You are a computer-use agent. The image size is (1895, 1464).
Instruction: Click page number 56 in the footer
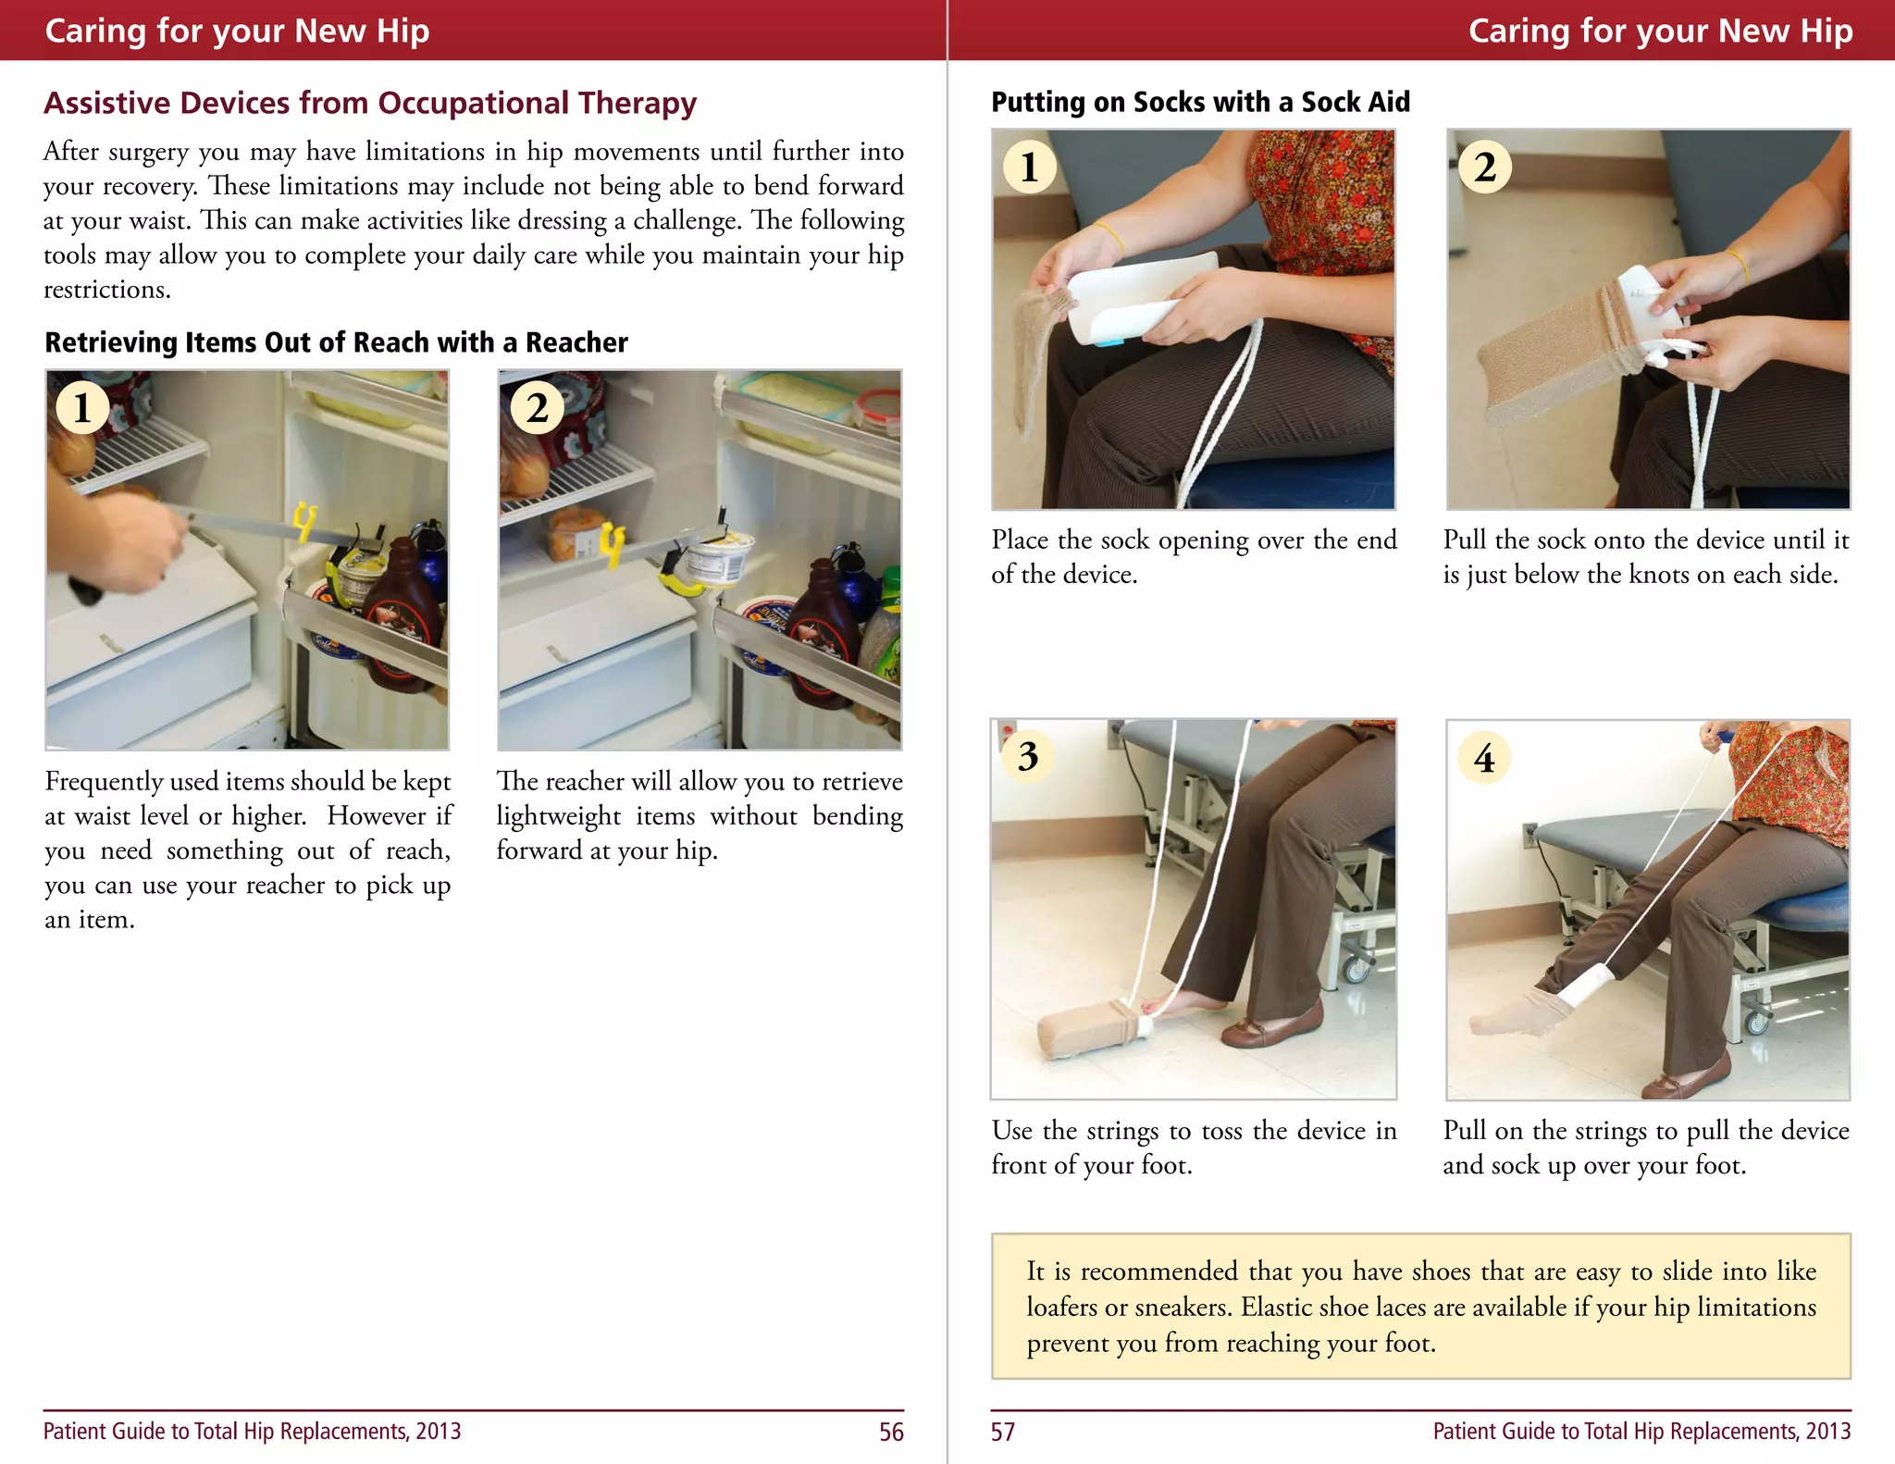[890, 1432]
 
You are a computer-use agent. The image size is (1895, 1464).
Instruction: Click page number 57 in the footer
[1002, 1432]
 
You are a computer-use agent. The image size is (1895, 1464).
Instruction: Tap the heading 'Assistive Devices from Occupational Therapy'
[370, 103]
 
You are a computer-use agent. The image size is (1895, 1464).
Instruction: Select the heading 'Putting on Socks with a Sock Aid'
[1200, 102]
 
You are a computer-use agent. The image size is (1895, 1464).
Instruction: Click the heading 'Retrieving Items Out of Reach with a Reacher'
[336, 342]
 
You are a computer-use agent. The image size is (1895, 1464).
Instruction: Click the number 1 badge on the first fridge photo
[82, 408]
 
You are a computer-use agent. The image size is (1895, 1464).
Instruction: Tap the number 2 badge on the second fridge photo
[538, 408]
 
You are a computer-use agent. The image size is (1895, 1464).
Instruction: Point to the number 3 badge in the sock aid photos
[1027, 756]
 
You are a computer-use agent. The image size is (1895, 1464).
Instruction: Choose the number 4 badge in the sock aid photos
[1483, 758]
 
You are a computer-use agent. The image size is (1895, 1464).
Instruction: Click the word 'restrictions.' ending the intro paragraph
[107, 290]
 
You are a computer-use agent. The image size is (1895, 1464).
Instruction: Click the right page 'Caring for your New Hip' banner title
[1660, 31]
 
